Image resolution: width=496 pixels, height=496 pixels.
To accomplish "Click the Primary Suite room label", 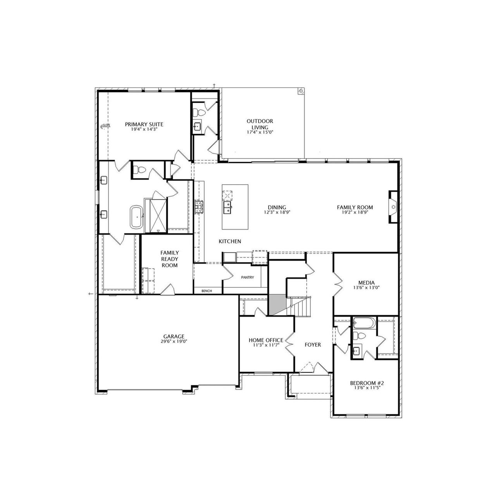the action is coord(144,124).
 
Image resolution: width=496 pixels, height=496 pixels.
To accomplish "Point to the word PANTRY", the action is coord(247,278).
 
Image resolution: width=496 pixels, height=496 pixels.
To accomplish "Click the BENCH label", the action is coord(207,291).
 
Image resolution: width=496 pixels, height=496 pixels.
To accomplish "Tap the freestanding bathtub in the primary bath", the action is coord(136,217).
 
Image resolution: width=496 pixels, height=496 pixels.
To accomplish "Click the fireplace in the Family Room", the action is coord(393,207).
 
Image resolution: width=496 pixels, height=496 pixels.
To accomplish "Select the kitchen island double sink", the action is coord(227,207).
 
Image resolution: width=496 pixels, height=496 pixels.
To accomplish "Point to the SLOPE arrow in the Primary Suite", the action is coord(105,125).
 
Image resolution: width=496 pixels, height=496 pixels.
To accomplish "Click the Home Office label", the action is coord(266,340).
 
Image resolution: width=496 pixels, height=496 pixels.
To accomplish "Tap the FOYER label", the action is coord(313,345).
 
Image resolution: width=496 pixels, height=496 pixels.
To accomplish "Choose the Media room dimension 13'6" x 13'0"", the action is coord(367,288).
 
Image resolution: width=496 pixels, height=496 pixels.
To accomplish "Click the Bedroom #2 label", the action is coord(367,383).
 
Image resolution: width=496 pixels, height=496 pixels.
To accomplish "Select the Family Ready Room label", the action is coord(170,259).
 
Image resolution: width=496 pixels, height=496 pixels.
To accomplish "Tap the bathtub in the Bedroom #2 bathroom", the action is coord(363,323).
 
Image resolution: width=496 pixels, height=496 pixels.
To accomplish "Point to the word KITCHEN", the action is coord(230,242).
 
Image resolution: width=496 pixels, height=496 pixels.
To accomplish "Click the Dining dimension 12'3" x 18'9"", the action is coord(277,212).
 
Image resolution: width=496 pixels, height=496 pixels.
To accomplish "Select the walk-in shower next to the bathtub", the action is coord(158,216).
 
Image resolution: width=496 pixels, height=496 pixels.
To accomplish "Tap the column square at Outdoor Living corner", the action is coord(301,91).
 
